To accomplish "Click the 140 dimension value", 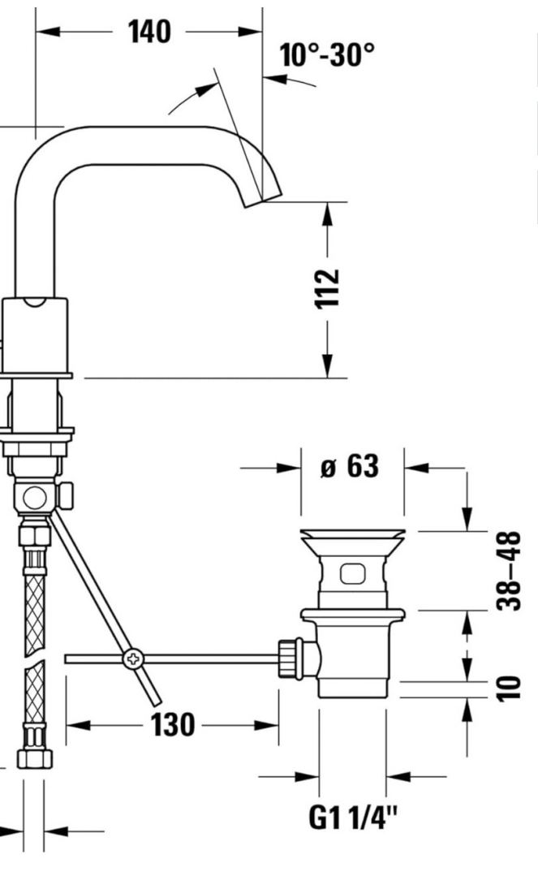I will (149, 32).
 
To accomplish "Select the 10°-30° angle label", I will (327, 56).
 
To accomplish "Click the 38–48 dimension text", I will (510, 572).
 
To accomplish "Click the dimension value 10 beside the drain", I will (510, 689).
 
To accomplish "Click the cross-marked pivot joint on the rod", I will (130, 659).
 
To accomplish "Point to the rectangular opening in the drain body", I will (352, 574).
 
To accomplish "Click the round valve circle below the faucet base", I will (33, 495).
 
